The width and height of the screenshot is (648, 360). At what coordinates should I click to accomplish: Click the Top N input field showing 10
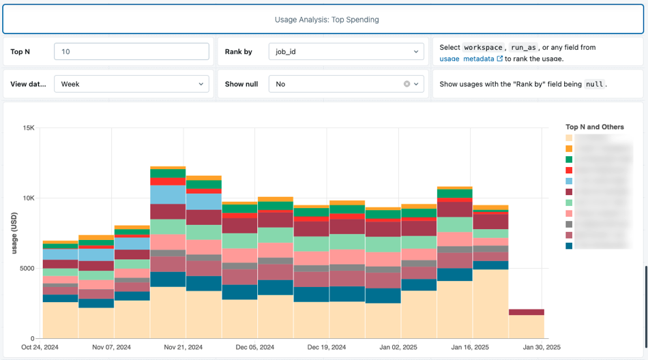[131, 52]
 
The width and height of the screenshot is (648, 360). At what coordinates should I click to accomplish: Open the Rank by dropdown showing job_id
[347, 52]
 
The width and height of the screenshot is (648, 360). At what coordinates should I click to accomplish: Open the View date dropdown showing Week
[131, 84]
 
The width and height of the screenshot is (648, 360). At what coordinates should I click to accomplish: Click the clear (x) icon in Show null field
[407, 84]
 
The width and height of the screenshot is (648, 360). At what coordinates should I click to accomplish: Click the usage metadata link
[467, 59]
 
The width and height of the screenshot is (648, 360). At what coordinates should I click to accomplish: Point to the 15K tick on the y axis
[29, 127]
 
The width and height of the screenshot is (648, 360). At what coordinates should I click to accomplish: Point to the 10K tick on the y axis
[29, 198]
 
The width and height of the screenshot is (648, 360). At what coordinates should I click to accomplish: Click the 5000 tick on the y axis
[26, 268]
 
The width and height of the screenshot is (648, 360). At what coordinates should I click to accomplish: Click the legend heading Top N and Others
[595, 127]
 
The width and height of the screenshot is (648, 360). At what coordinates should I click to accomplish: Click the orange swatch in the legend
[569, 149]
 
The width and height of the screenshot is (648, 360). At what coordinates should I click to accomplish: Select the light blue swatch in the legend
[569, 181]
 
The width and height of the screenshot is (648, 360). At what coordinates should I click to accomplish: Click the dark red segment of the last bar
[526, 312]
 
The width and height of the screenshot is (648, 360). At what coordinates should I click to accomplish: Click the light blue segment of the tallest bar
[168, 194]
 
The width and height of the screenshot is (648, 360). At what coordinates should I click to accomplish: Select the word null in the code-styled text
[594, 85]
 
